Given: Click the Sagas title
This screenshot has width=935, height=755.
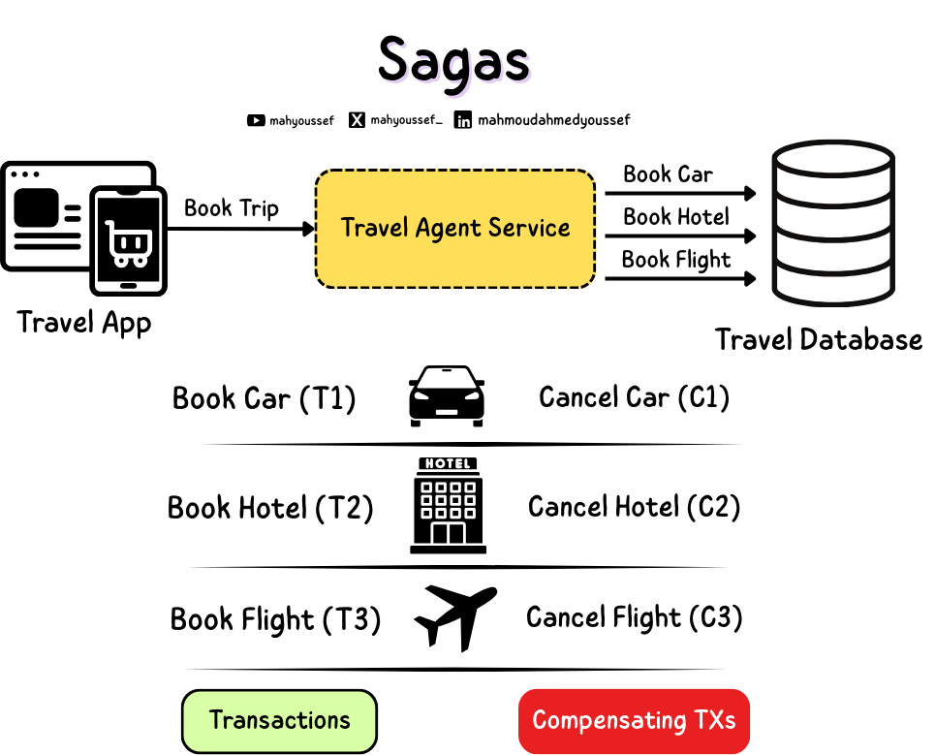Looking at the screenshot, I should click(x=453, y=60).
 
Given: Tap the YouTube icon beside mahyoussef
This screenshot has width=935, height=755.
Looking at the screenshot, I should click(x=256, y=121).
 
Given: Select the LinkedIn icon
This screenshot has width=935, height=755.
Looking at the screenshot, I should click(x=463, y=121).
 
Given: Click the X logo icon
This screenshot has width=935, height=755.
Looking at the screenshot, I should click(x=358, y=121).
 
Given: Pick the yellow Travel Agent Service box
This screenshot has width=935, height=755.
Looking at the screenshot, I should click(x=454, y=229).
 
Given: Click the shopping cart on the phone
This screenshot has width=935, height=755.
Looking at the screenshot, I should click(x=126, y=242).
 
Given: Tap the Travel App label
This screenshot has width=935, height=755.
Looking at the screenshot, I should click(x=84, y=321).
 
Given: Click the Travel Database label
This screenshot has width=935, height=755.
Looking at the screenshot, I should click(x=819, y=339).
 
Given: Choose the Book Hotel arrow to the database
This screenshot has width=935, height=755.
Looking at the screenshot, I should click(x=678, y=236).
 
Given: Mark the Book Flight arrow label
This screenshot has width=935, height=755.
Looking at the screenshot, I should click(x=676, y=259).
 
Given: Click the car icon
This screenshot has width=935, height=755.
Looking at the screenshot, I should click(x=446, y=395).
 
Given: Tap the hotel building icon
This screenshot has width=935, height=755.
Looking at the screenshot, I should click(x=448, y=506).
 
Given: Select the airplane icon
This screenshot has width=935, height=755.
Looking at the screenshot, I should click(x=454, y=616).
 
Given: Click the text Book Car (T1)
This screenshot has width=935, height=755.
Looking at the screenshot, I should click(x=264, y=398).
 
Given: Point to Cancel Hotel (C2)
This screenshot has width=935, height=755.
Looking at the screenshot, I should click(x=634, y=506).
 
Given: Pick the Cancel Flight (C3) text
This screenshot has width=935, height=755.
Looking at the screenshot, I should click(x=634, y=617).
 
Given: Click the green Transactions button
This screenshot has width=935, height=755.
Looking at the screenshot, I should click(x=279, y=721).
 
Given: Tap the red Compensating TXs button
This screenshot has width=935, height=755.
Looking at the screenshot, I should click(x=634, y=721).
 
